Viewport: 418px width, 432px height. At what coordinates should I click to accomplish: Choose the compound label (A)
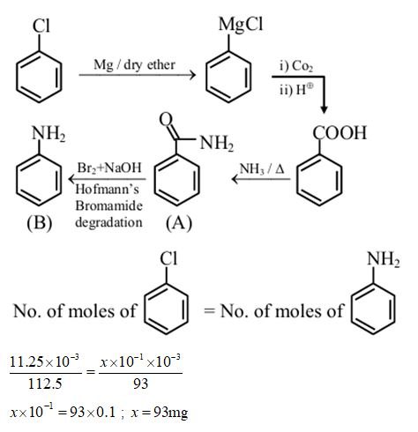pyautogui.click(x=177, y=223)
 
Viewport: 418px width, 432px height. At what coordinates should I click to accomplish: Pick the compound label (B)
pyautogui.click(x=39, y=223)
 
